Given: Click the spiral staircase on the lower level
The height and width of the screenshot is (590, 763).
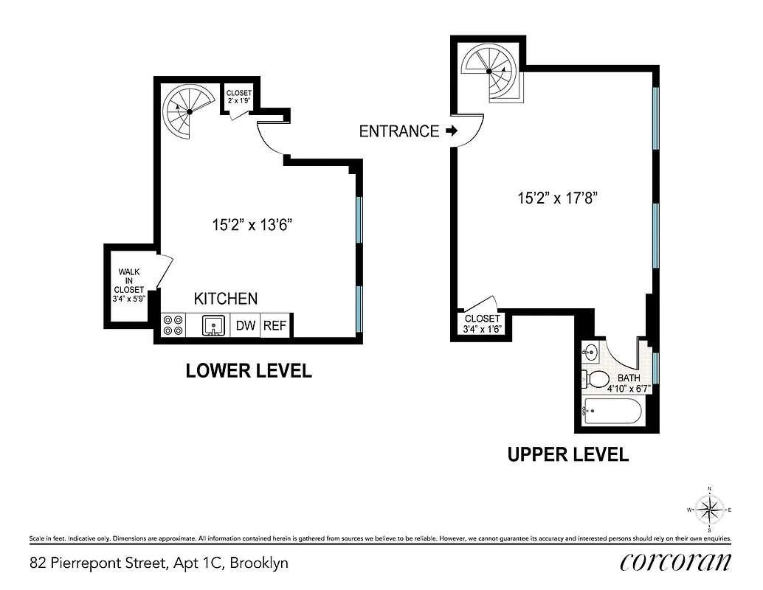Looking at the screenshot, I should tap(189, 111).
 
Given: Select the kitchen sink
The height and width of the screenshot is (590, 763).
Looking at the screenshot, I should tap(213, 324).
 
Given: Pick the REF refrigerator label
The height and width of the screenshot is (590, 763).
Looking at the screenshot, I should tap(275, 325).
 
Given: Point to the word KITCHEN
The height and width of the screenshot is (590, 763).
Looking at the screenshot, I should tap(226, 299).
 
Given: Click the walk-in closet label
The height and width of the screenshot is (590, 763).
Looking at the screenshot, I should tap(128, 285).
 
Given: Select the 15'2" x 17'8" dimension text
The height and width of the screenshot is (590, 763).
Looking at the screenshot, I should tap(556, 198).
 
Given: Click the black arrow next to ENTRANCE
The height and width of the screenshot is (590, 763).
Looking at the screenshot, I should tap(452, 131).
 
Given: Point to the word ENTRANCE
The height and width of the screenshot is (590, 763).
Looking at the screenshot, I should tap(398, 131).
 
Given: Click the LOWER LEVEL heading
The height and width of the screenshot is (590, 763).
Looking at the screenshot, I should tap(248, 371).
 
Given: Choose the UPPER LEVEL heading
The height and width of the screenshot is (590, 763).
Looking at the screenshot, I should tap(567, 454).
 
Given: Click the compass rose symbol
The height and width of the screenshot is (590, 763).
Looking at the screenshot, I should tap(709, 510).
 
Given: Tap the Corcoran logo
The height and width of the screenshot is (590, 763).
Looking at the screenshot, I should tap(675, 563).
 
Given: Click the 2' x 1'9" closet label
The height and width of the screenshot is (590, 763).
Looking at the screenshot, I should tap(239, 97).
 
